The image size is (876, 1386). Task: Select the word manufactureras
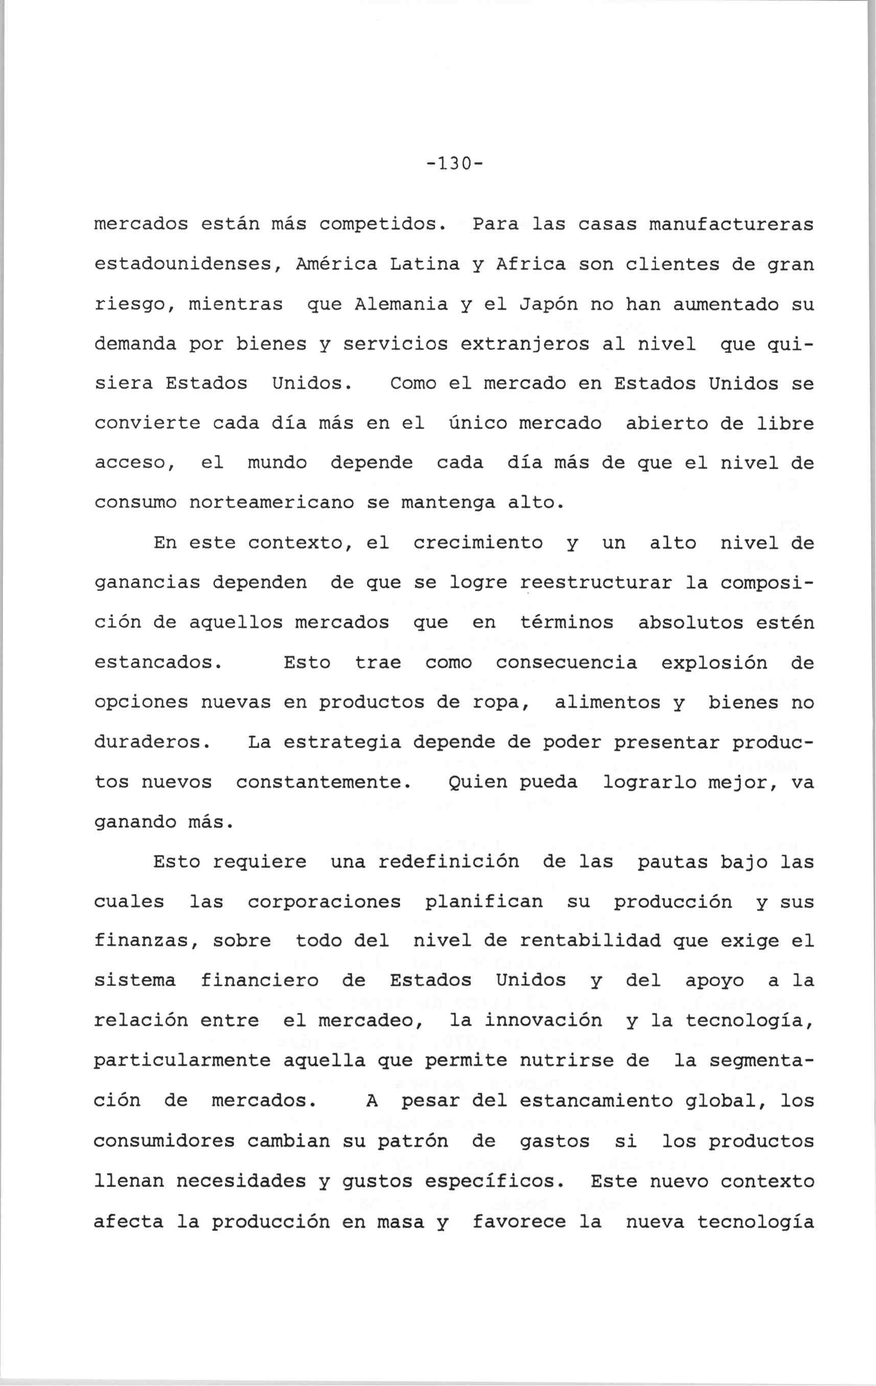point(731,224)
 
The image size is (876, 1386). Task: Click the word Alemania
point(401,304)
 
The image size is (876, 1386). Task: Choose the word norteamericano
point(270,503)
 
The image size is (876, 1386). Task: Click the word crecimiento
point(478,543)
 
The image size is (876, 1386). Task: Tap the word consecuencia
point(566,662)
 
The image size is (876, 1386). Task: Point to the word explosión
point(713,662)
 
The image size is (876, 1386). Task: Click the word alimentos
point(607,703)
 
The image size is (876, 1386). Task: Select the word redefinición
point(448,862)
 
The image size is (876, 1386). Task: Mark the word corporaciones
point(324,902)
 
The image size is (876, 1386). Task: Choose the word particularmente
point(182,1061)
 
